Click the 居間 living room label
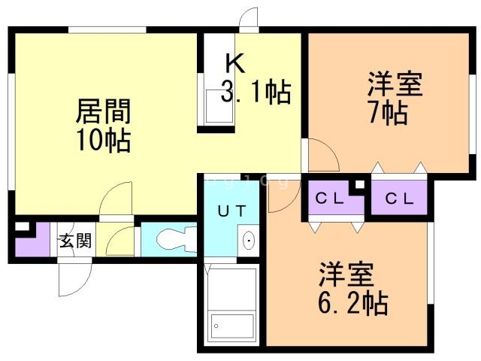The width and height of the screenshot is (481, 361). click(x=103, y=113)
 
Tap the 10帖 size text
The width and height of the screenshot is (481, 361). click(x=103, y=140)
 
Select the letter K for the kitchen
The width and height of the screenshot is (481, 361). click(x=234, y=63)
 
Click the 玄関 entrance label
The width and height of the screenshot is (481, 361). click(x=75, y=241)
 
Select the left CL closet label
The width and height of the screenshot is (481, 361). click(x=330, y=199)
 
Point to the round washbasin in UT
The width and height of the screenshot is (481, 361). click(x=248, y=241)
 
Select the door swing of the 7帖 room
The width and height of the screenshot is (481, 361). click(x=323, y=156)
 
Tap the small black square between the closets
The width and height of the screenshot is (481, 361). click(x=360, y=184)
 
